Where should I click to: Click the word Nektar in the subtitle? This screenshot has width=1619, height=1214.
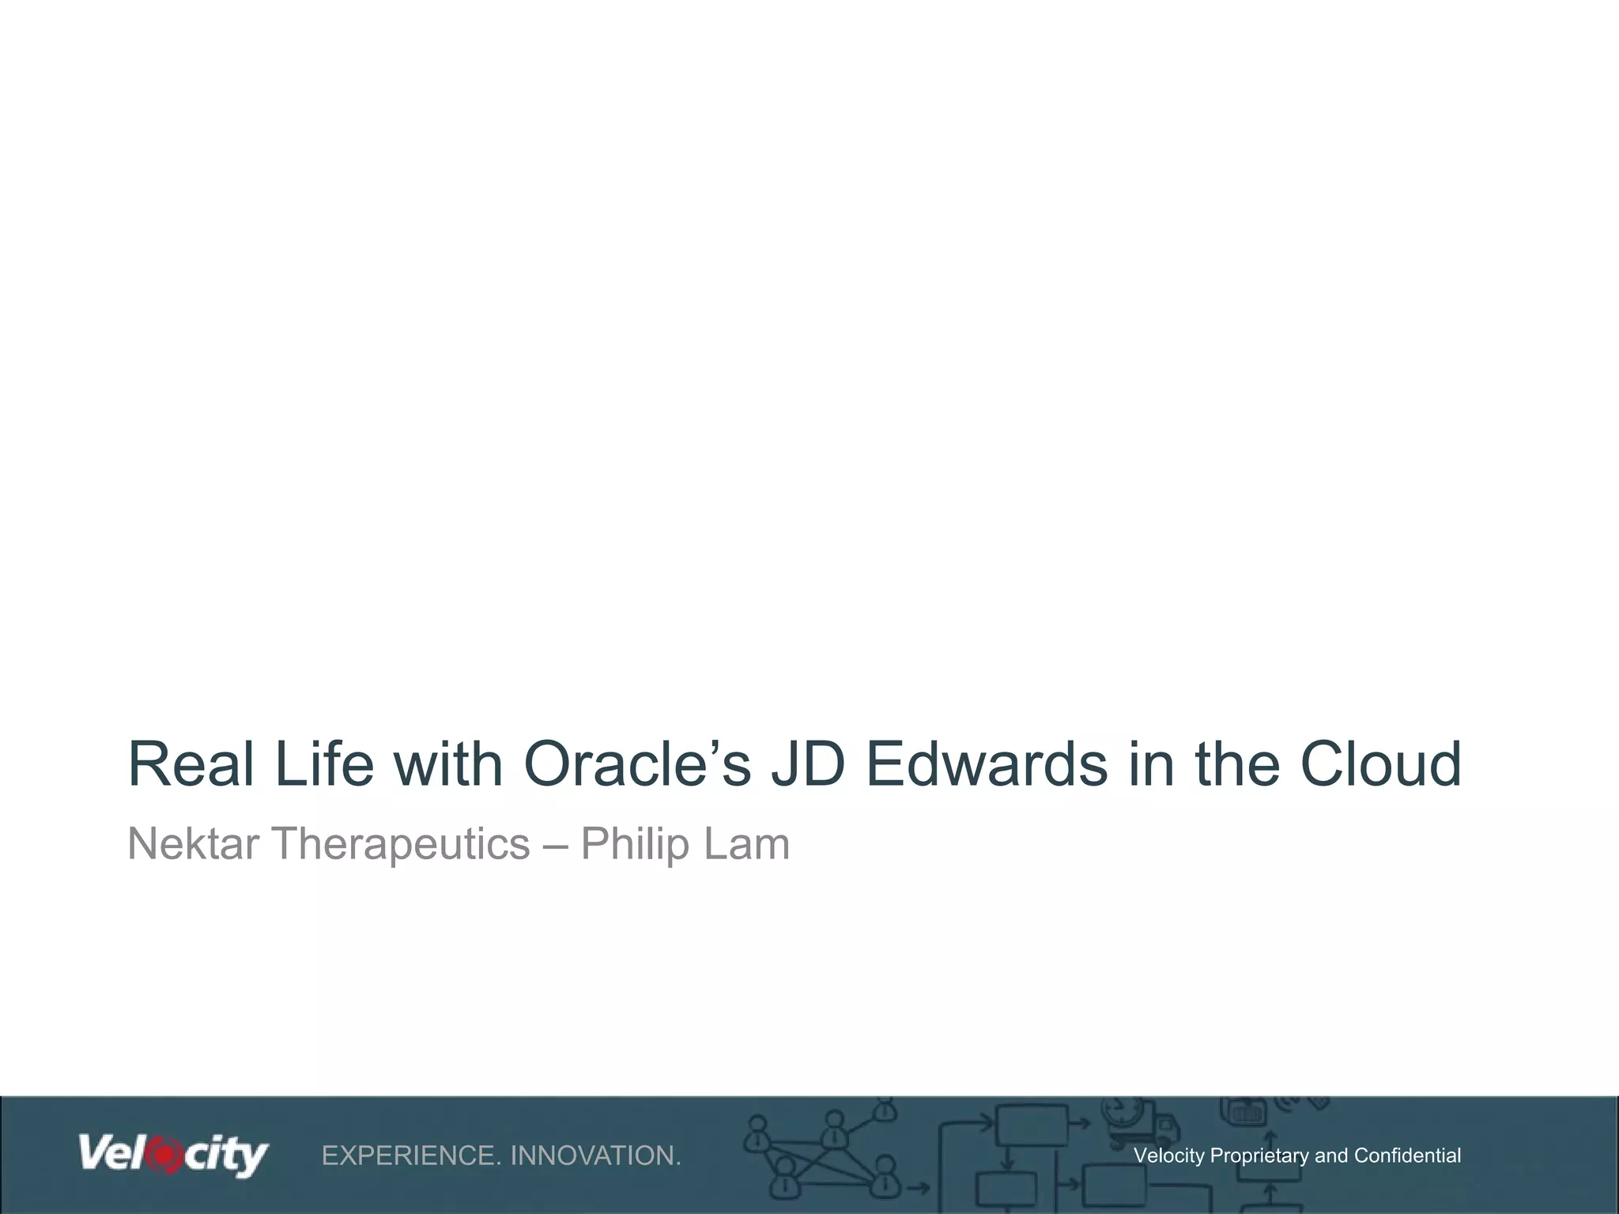[193, 843]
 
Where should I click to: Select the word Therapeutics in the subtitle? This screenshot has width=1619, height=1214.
[401, 843]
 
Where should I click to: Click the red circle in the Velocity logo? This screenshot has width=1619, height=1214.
[165, 1156]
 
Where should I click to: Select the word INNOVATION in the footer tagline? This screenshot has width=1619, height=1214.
[594, 1156]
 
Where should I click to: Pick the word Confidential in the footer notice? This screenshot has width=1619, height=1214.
[1406, 1156]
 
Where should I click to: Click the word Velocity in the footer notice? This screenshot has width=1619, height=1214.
[1168, 1156]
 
